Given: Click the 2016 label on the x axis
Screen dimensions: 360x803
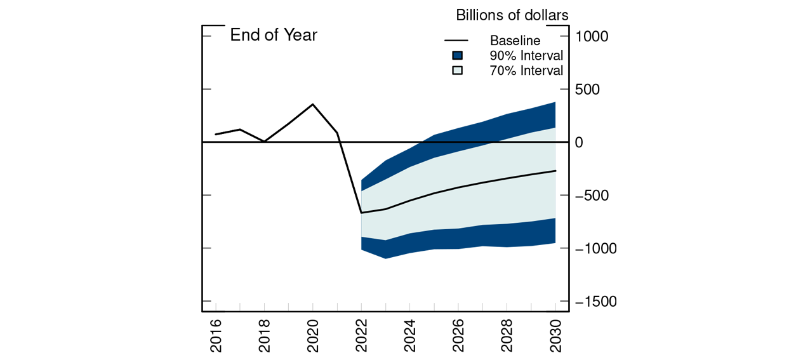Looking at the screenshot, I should [x=216, y=334].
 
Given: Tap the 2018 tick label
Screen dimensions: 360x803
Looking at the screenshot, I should [x=265, y=334].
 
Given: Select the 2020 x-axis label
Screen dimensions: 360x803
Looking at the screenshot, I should [x=313, y=334].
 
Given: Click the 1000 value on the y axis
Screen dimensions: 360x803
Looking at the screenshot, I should [x=592, y=37].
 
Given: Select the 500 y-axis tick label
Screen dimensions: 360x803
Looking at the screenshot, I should [x=587, y=90].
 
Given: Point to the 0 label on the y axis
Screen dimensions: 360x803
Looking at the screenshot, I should [x=579, y=143].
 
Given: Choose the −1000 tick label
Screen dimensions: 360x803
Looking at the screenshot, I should [x=595, y=249].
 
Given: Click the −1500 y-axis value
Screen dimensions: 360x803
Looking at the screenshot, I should [x=595, y=302].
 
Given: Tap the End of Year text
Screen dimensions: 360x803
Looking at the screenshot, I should [x=274, y=35].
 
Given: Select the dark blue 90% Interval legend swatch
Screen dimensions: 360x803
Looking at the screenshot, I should [x=458, y=55].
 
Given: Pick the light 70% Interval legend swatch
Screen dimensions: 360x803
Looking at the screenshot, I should [x=458, y=70].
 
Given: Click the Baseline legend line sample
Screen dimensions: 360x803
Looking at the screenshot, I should [x=458, y=41].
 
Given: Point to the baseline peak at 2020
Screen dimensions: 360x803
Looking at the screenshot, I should [x=313, y=104].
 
